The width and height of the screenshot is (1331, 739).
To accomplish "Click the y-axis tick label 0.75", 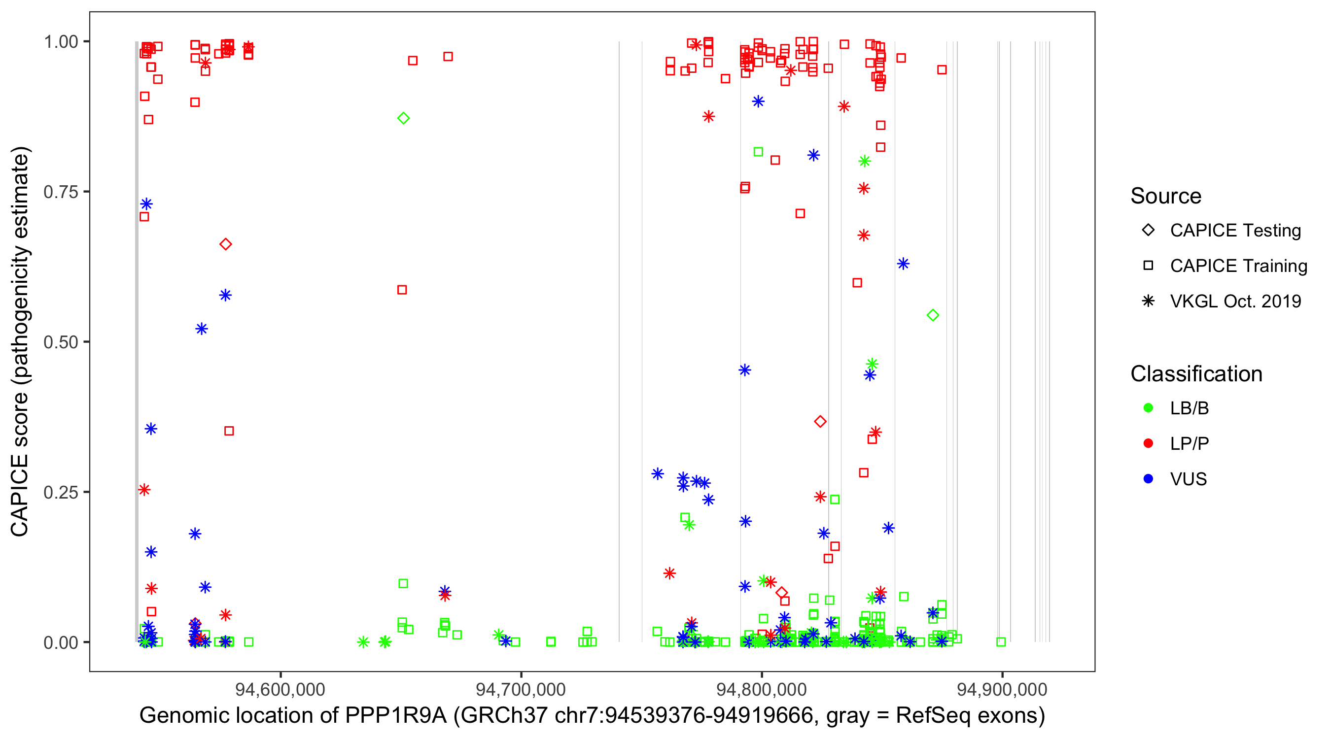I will (60, 192).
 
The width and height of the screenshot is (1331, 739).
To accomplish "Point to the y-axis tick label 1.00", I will (60, 42).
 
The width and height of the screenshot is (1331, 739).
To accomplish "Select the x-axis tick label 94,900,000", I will (1002, 689).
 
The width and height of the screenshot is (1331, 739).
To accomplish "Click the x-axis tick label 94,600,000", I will (280, 689).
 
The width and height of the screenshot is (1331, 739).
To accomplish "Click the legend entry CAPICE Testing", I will (1235, 231).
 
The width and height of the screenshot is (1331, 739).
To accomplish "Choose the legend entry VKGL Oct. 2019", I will (1235, 301).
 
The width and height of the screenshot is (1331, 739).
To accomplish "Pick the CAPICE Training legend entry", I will (1238, 266).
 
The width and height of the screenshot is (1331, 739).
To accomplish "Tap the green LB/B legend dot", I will (1148, 408).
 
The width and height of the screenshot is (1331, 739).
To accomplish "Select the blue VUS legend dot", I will (1148, 479).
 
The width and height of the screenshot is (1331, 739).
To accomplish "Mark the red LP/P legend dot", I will (1148, 443).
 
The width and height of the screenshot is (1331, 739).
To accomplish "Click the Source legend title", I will (1166, 196).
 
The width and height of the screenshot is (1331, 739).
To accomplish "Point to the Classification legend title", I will (1196, 374).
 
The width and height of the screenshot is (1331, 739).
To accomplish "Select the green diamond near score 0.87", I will (404, 118).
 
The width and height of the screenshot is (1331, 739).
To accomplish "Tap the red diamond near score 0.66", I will (225, 244).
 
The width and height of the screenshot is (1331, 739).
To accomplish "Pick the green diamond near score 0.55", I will (933, 315).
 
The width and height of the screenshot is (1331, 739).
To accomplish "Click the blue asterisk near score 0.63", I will (903, 264).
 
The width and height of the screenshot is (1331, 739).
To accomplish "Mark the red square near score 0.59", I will (402, 290).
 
